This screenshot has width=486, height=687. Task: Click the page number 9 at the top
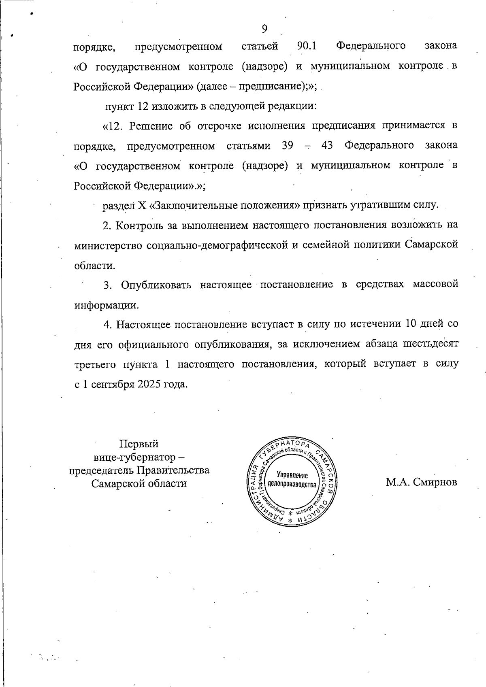click(264, 28)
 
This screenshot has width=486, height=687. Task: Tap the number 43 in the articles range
click(326, 146)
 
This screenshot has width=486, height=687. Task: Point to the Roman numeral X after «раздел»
click(142, 206)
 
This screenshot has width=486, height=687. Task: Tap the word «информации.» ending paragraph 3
click(107, 305)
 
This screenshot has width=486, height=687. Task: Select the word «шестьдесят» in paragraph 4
click(431, 344)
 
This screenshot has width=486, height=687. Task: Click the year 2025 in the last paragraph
click(149, 384)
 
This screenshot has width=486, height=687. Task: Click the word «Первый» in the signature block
click(139, 444)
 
